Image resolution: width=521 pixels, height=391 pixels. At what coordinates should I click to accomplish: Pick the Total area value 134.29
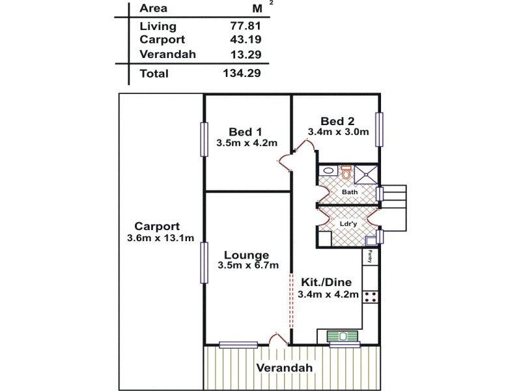click(x=242, y=74)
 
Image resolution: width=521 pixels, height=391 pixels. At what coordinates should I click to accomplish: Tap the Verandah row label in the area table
click(x=167, y=54)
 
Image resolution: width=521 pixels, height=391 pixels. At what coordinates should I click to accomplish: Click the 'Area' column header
click(x=153, y=8)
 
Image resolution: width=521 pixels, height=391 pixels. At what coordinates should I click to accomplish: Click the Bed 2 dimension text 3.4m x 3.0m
click(x=338, y=132)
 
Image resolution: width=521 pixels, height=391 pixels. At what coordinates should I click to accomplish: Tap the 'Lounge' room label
click(x=247, y=255)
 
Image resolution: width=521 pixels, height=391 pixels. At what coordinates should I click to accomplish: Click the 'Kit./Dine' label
click(x=326, y=283)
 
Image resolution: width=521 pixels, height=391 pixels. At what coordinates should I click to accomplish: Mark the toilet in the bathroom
click(x=346, y=173)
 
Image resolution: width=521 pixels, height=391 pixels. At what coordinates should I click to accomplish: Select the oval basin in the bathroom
click(x=329, y=171)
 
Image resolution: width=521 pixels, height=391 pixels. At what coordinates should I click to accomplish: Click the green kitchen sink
click(x=345, y=336)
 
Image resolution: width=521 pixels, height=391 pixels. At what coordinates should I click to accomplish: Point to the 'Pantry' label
click(x=370, y=256)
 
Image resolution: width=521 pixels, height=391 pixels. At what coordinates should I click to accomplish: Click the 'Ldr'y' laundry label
click(x=348, y=223)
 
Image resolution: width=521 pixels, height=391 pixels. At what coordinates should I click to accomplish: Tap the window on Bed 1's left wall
click(x=204, y=139)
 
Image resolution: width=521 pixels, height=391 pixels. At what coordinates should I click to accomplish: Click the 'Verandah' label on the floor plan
click(x=284, y=368)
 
